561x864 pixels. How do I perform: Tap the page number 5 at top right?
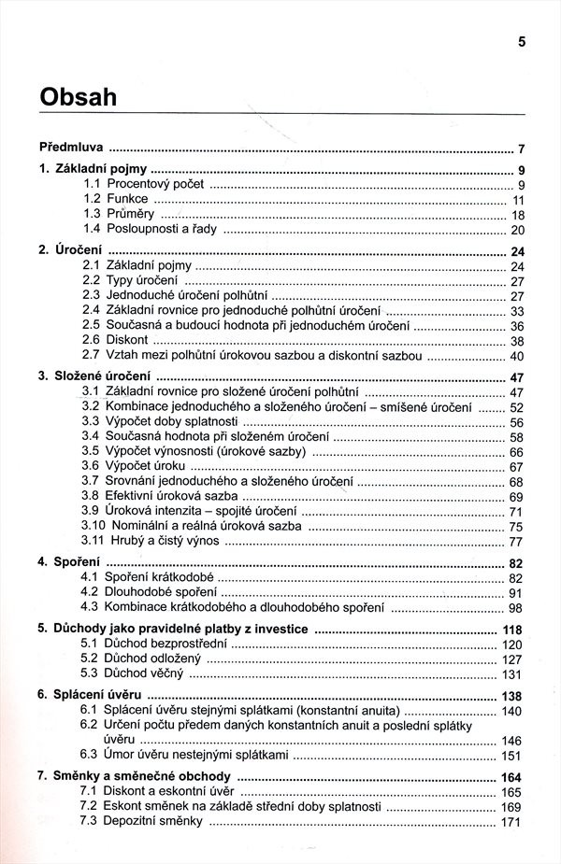[x=522, y=41]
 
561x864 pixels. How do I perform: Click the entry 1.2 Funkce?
[x=117, y=199]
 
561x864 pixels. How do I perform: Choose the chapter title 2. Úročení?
[x=71, y=250]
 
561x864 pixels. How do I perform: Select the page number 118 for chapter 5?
[x=513, y=630]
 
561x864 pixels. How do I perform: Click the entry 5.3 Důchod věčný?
[x=136, y=673]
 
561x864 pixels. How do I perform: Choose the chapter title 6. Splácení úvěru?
[x=91, y=695]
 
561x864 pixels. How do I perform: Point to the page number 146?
[x=513, y=741]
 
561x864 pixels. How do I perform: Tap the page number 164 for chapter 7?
[x=513, y=777]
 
